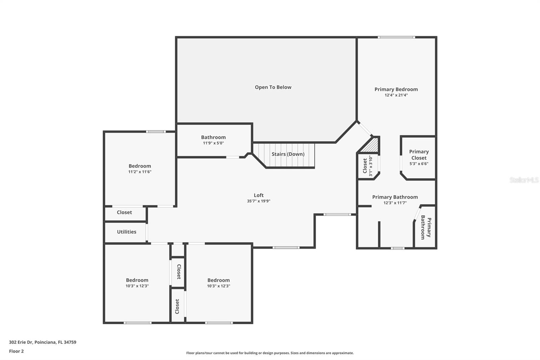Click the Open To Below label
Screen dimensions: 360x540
click(x=273, y=87)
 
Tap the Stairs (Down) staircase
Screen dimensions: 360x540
click(x=288, y=154)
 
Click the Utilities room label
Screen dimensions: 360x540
click(x=127, y=232)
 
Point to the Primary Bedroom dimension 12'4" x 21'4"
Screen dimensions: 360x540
click(x=396, y=95)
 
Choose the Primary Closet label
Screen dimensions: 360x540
click(x=419, y=155)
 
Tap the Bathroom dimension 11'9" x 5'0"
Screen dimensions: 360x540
click(x=213, y=143)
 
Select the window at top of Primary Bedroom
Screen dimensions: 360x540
click(x=396, y=37)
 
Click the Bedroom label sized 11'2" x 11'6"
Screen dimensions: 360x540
click(x=140, y=166)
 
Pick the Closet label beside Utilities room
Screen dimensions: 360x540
click(x=124, y=212)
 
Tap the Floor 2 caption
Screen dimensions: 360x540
click(x=16, y=351)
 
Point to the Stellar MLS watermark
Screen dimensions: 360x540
click(x=524, y=180)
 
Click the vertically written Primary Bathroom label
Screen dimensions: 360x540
click(x=426, y=228)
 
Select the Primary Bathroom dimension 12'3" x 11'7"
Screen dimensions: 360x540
click(x=395, y=203)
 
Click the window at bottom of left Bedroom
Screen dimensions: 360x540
click(x=137, y=323)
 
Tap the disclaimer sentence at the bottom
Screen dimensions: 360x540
click(x=270, y=353)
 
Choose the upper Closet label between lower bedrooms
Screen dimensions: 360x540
click(x=179, y=272)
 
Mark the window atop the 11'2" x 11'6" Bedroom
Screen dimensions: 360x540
click(x=156, y=131)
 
